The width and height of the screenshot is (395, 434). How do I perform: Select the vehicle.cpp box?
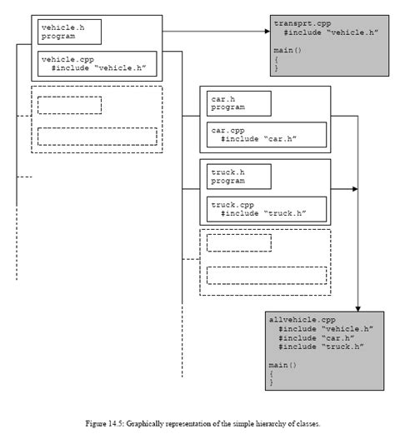pos(97,64)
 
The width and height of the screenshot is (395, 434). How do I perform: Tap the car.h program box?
pos(240,103)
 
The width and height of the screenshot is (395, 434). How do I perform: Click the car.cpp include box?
pos(265,135)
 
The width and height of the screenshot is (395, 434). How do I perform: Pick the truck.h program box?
pos(240,176)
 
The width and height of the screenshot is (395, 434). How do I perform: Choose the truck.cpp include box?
pos(265,208)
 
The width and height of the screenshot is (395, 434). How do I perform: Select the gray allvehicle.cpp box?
pos(317,351)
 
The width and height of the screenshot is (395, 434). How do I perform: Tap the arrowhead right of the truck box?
pos(354,190)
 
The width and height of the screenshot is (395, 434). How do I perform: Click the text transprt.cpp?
pos(302,25)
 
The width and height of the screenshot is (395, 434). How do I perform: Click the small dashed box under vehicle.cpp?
pos(70,105)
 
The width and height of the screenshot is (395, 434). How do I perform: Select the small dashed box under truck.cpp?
pos(239,242)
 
